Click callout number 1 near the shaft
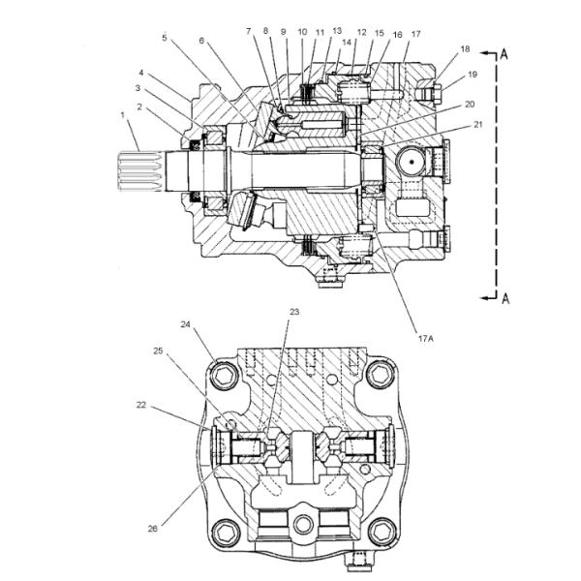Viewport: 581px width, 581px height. (122, 115)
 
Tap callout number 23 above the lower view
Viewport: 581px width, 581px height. (294, 312)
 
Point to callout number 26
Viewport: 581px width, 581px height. (153, 529)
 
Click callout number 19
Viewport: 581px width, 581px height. (472, 74)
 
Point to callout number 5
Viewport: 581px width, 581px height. (164, 38)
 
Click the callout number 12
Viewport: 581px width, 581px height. (360, 33)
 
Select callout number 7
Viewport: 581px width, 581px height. (248, 33)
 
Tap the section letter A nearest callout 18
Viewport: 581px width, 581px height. (504, 54)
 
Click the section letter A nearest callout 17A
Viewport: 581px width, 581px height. (505, 298)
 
